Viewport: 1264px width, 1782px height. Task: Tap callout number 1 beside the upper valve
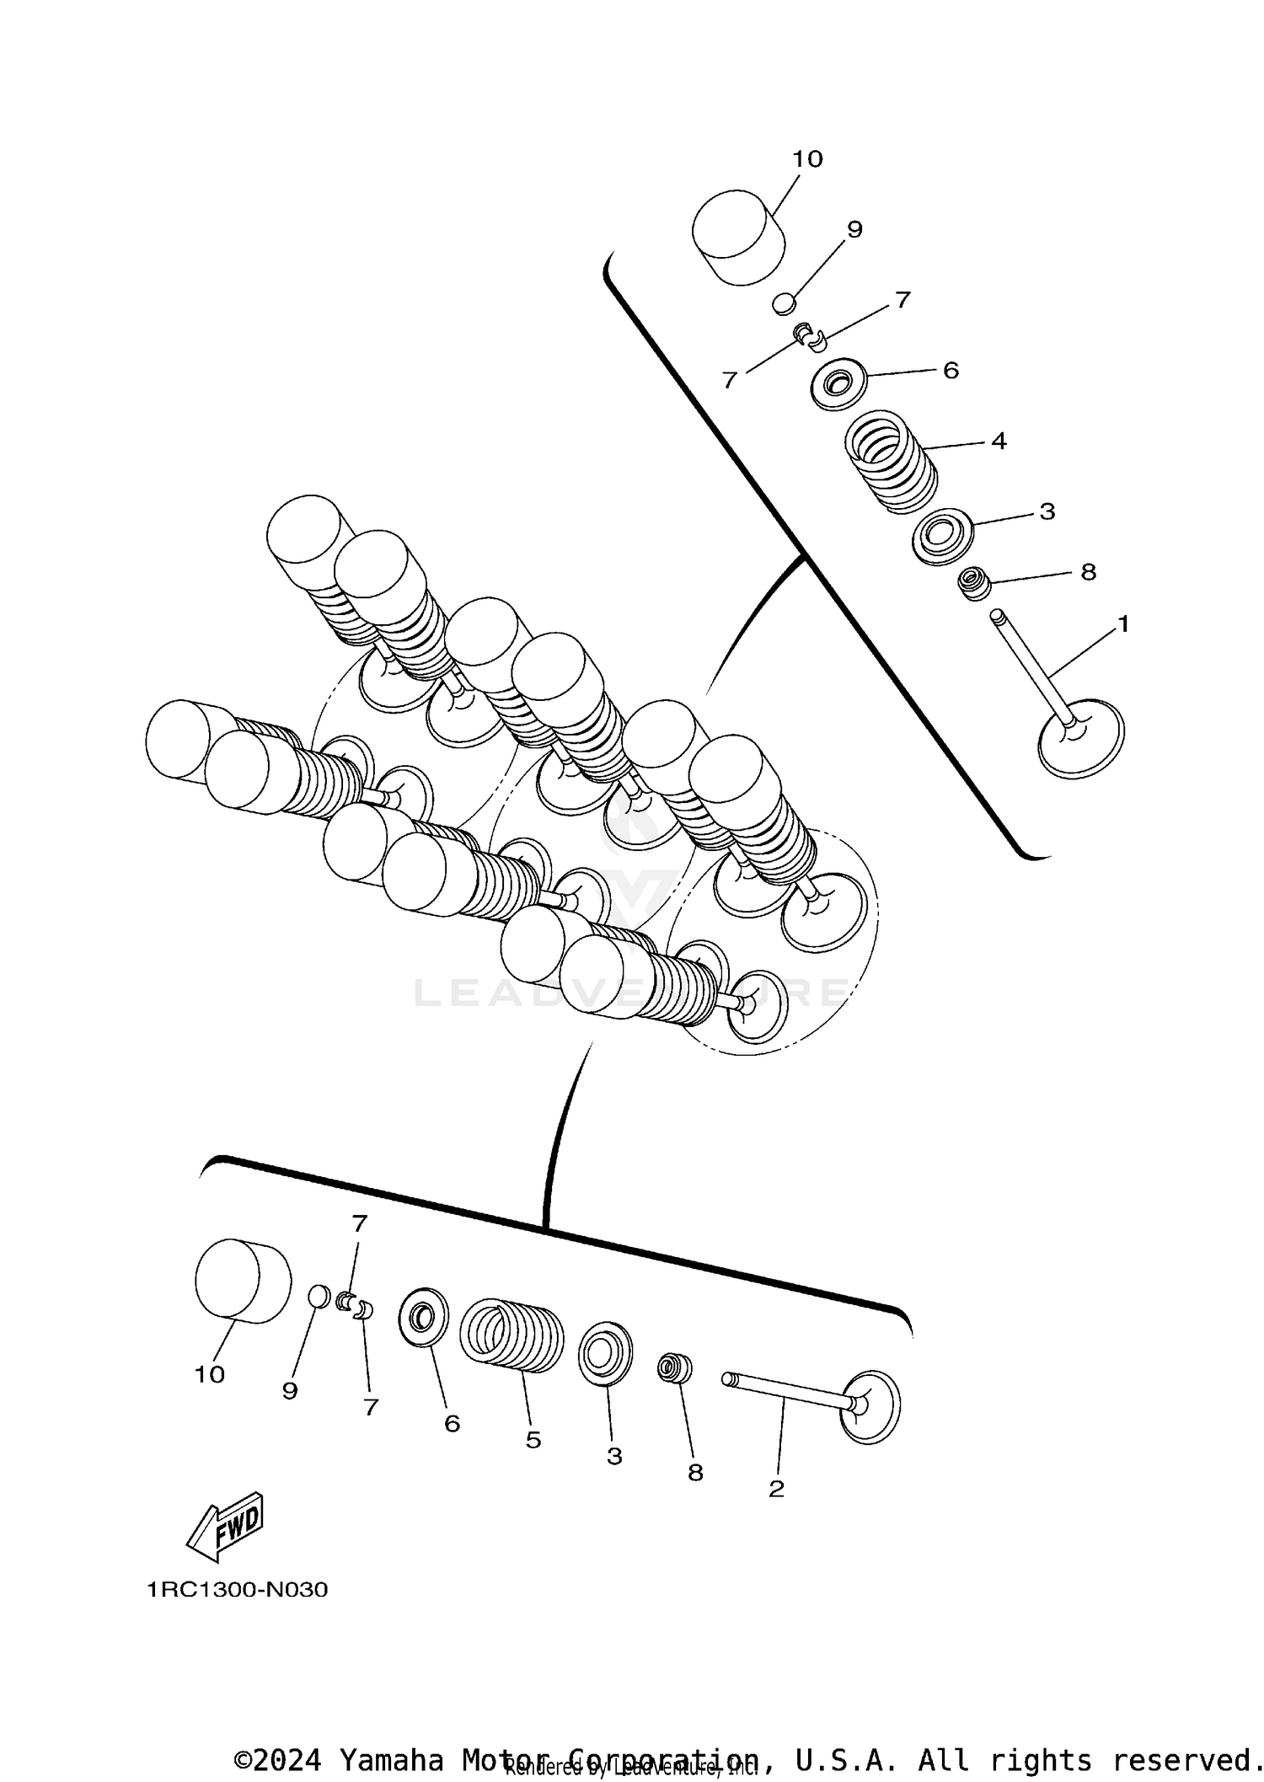point(1122,624)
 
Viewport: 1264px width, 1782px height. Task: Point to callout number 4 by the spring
point(999,441)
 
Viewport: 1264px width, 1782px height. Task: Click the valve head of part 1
point(1082,738)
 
